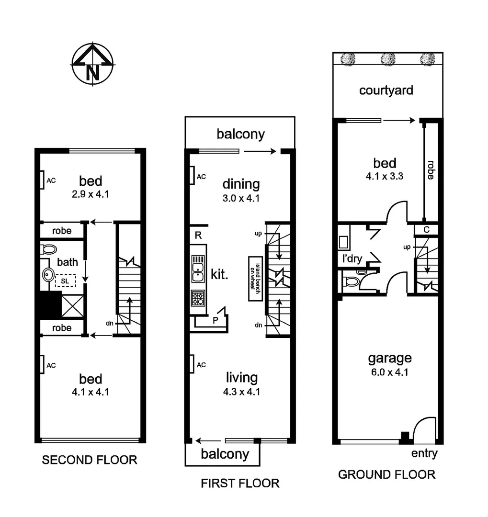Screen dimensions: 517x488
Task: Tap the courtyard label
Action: pos(386,90)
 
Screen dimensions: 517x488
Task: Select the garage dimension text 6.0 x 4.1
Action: pos(388,372)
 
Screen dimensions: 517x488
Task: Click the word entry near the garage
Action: pos(424,454)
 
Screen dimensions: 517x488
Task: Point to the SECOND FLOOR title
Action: pos(90,460)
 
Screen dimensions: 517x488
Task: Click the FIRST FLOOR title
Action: pos(240,483)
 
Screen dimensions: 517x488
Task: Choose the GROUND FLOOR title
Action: pos(386,474)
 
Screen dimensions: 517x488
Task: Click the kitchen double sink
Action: pos(198,269)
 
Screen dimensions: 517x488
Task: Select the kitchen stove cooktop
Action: pos(198,298)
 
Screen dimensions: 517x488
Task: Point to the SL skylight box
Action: pos(65,280)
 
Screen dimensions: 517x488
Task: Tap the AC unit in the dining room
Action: pos(192,176)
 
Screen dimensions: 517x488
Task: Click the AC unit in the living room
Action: pos(192,364)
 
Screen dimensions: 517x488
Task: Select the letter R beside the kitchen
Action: pos(198,235)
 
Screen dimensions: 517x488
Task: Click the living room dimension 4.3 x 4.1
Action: pos(242,391)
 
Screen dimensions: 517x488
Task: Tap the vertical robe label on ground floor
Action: pos(430,169)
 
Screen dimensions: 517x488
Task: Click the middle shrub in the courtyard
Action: pos(387,59)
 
